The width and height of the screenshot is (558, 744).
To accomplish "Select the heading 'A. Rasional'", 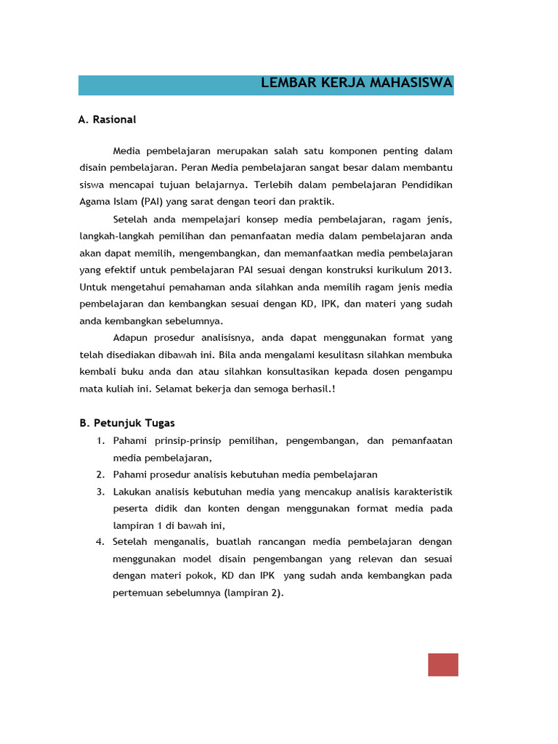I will click(107, 119).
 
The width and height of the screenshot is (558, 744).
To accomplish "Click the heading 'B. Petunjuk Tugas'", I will click(126, 423).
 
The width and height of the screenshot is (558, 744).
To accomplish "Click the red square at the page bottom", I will click(442, 665).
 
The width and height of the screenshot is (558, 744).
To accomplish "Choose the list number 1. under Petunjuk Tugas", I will click(100, 441).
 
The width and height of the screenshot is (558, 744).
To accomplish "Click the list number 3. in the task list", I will click(100, 492).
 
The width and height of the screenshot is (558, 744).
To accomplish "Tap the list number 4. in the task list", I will click(100, 542).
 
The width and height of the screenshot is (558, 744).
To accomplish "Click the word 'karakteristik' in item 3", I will click(422, 492).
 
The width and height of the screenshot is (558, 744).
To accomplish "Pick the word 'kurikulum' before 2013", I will click(400, 270).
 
